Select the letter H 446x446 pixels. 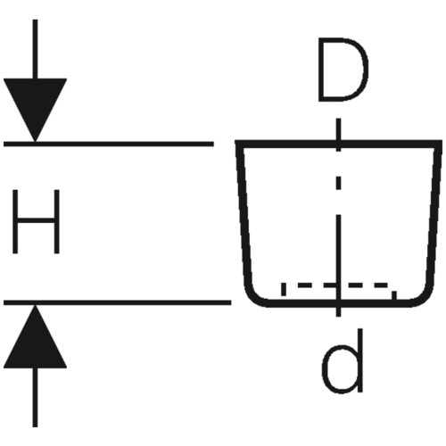pos(36,221)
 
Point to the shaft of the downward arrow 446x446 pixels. pos(35,49)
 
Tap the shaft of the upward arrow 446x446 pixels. pos(35,398)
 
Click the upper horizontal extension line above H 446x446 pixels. pos(109,145)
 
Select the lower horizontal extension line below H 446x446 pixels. pos(118,302)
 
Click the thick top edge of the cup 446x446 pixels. pos(338,144)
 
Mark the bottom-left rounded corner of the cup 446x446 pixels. pos(252,297)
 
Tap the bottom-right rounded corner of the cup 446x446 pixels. pos(424,297)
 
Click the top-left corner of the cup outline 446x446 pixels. pos(237,143)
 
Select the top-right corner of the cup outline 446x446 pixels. pos(440,143)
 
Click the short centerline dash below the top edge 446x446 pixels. pos(338,183)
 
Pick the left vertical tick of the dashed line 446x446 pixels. pos(284,289)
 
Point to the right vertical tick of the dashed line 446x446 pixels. pos(394,295)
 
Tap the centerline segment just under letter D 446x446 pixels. pos(338,135)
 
